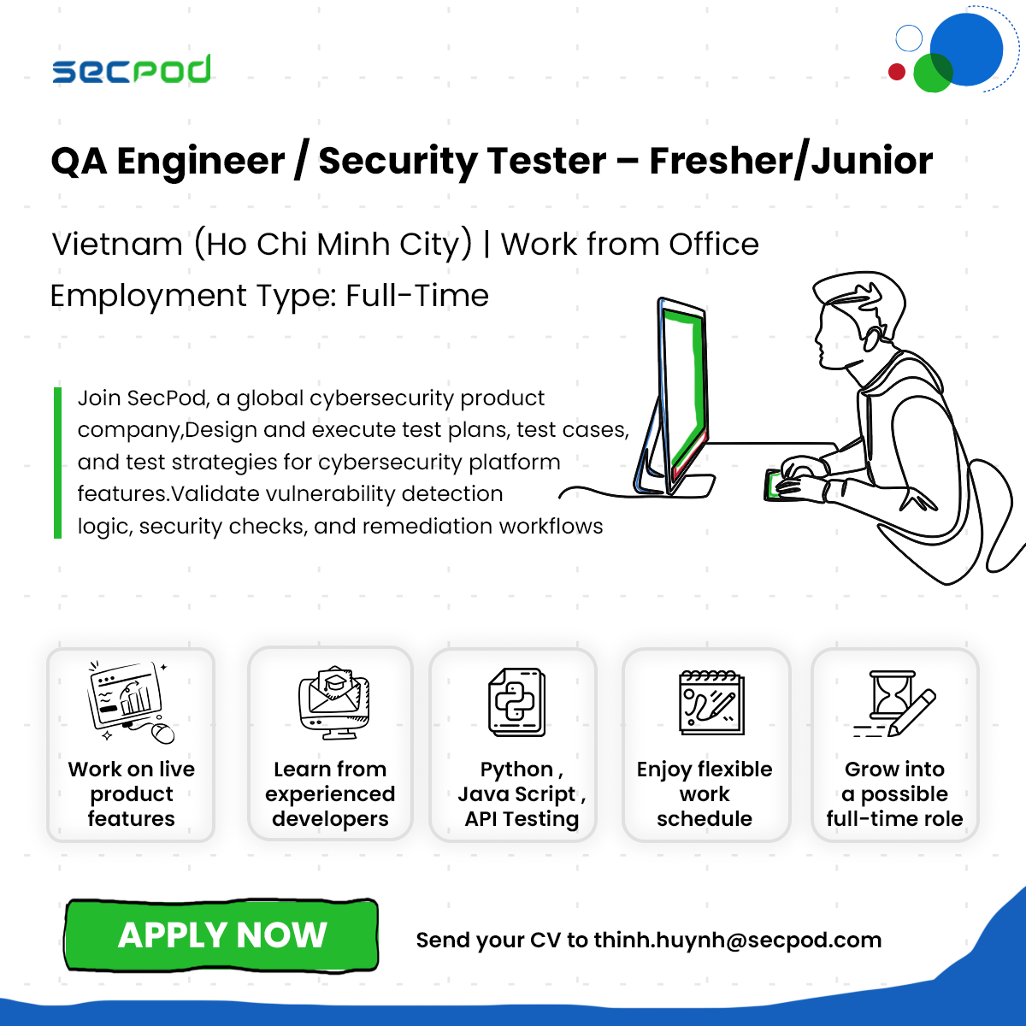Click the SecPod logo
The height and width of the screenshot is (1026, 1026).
coord(131,69)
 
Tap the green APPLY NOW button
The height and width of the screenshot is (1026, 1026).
coord(221,935)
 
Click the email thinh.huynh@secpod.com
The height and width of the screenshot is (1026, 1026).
coord(737,940)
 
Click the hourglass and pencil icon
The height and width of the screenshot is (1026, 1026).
coord(894,704)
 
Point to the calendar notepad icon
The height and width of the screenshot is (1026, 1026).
coord(711,703)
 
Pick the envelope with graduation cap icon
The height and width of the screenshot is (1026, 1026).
coord(333,702)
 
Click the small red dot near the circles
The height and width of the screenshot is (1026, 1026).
coord(897,71)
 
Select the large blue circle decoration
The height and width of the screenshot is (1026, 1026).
coord(966,50)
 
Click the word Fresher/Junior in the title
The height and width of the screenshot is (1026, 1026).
coord(791,162)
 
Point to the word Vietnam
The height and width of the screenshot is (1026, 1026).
coord(117,245)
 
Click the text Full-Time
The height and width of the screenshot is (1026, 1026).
coord(417,296)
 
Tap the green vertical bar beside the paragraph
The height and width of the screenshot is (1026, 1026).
coord(57,463)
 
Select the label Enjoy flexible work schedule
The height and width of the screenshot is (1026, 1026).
coord(705,793)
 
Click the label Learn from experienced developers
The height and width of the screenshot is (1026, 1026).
coord(330,793)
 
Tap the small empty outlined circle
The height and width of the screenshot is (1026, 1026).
coord(909,38)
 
